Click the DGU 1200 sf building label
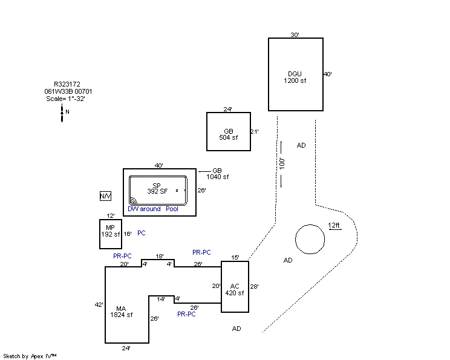coord(295,77)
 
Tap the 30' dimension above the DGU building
coord(295,34)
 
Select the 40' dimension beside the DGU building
coord(328,74)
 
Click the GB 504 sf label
coord(229,134)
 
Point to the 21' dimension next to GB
coord(255,131)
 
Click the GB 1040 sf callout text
coord(218,174)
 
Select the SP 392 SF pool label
coord(157,188)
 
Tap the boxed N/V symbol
coord(105,196)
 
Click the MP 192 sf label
coord(111,231)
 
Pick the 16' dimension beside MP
coord(128,234)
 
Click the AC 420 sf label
coord(235,290)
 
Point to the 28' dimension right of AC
coord(254,287)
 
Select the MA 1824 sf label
coord(121,312)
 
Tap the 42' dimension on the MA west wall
coord(99,304)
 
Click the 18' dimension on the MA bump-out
coord(160,256)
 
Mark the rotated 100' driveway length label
coord(282,163)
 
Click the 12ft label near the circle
coord(334,225)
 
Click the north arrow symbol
coord(62,113)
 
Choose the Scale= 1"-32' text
coord(65,99)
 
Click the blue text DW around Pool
coord(153,209)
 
